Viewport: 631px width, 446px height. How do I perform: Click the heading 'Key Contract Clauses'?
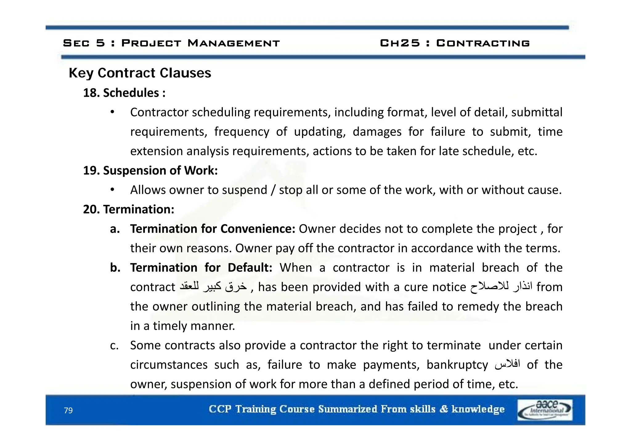coord(140,73)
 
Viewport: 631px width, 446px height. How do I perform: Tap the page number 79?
coord(68,410)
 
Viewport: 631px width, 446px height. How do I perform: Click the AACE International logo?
coord(545,410)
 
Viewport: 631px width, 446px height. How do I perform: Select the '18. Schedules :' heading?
coord(124,93)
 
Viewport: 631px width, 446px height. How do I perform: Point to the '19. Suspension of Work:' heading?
coord(150,170)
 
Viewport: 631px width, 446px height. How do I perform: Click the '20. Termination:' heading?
coord(128,209)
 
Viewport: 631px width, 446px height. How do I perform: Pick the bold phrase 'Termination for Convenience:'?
coord(213,229)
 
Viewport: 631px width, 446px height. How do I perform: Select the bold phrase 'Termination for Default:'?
coord(201,268)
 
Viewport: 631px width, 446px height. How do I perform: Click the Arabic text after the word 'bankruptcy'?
coord(507,365)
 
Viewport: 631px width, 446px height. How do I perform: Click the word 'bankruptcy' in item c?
coord(457,365)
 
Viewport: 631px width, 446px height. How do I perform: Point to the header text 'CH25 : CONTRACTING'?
coord(455,43)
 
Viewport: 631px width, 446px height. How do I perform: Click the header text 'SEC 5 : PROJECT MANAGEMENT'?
coord(171,43)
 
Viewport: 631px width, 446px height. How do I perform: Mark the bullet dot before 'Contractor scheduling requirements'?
coord(113,112)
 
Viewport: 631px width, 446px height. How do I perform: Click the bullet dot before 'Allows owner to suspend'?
coord(113,190)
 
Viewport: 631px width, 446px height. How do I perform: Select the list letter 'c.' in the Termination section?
coord(114,346)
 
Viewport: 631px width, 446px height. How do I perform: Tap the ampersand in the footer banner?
coord(444,409)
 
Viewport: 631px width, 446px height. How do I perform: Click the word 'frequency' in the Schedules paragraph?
coord(242,132)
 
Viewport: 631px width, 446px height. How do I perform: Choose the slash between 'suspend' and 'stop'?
coord(273,190)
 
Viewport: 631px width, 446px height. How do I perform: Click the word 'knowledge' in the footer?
coord(478,409)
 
